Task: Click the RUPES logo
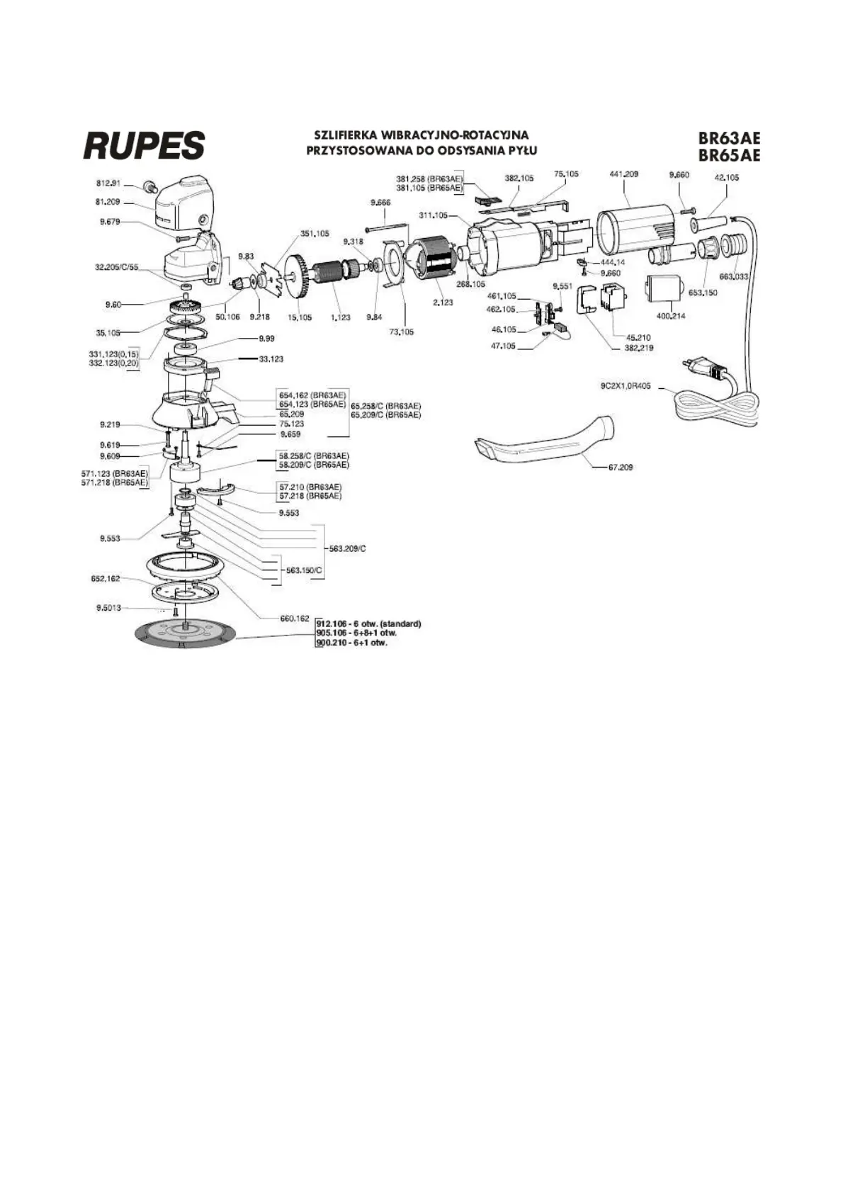coord(145,145)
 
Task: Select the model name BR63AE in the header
coord(729,139)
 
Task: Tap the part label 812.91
coord(108,183)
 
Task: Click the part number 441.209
coord(623,174)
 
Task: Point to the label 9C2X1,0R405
coord(625,387)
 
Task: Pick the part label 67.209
coord(621,468)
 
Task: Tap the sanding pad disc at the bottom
coord(184,634)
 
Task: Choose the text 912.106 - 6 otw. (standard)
coord(368,623)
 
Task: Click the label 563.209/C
coord(347,548)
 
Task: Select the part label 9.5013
coord(108,608)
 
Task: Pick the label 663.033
coord(734,277)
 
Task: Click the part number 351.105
coord(315,233)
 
